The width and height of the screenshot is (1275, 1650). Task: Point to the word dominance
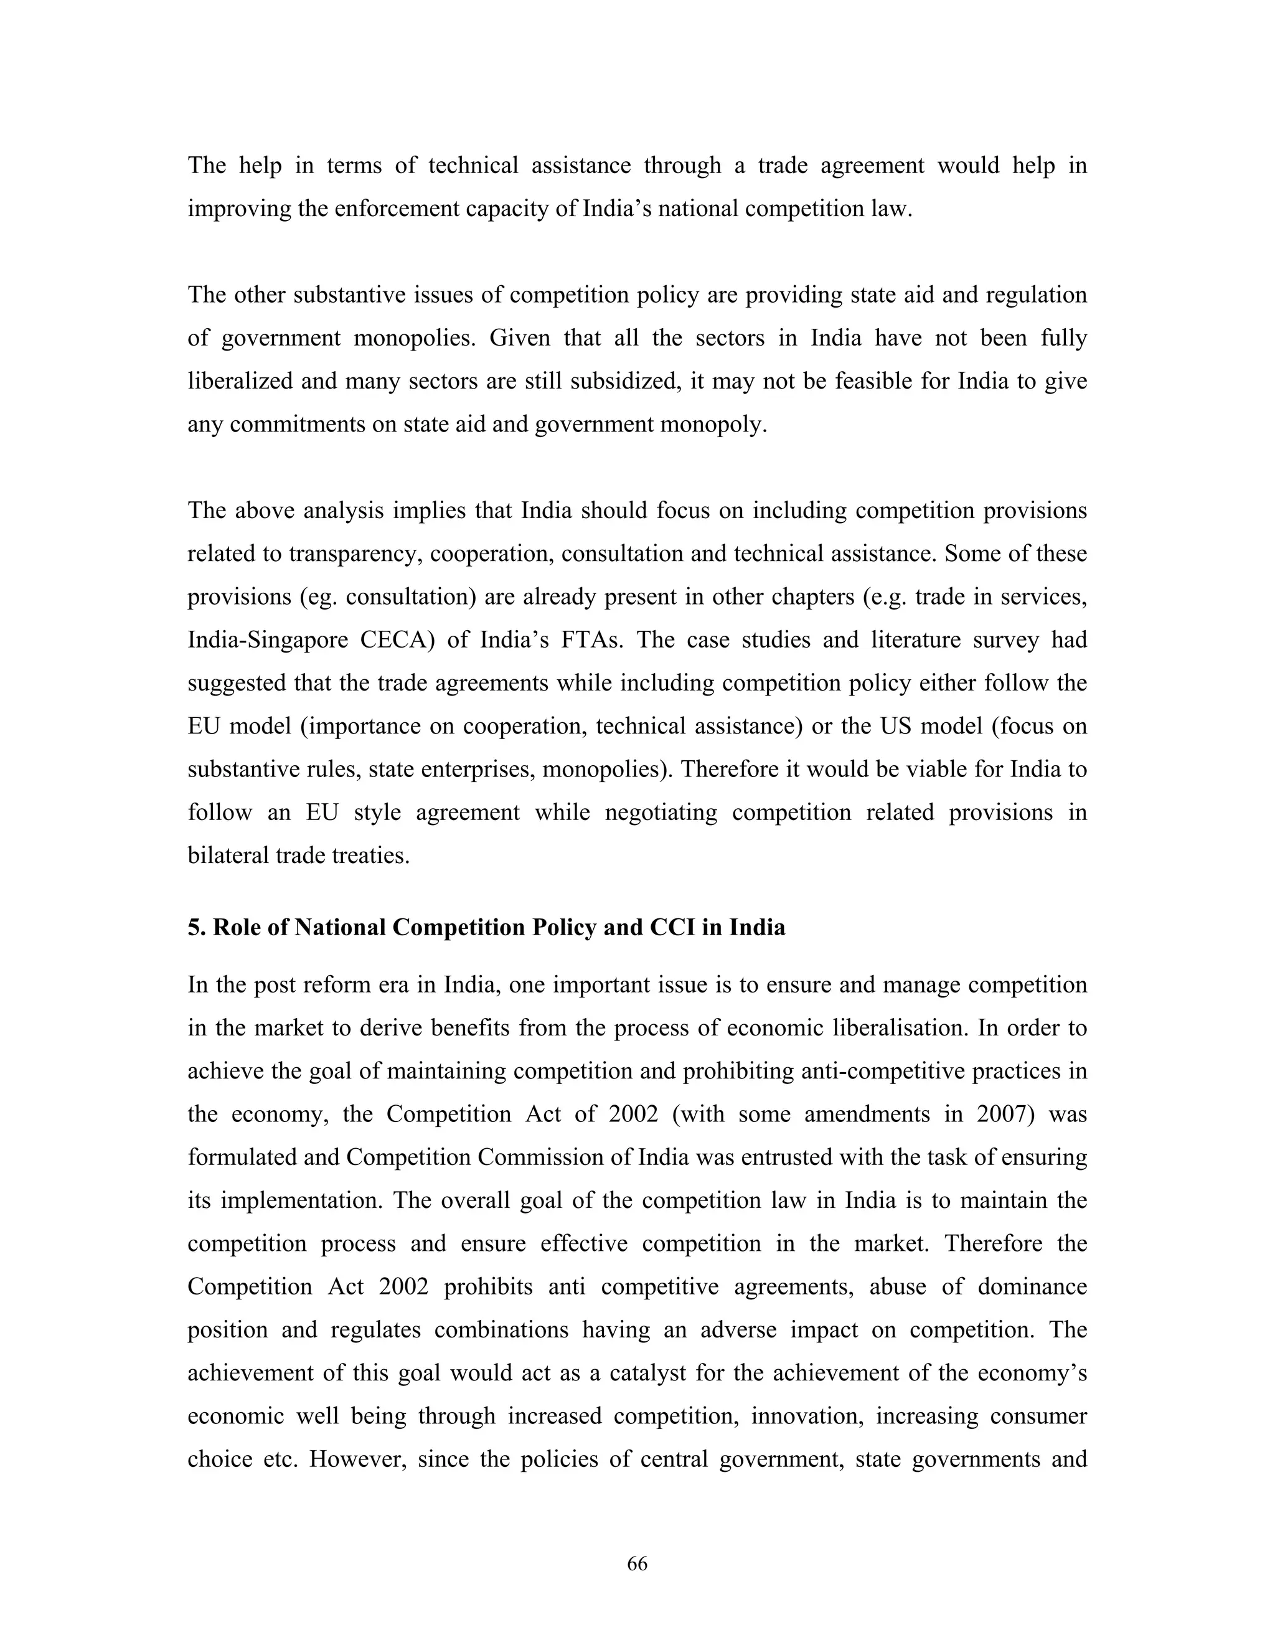click(1032, 1286)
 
